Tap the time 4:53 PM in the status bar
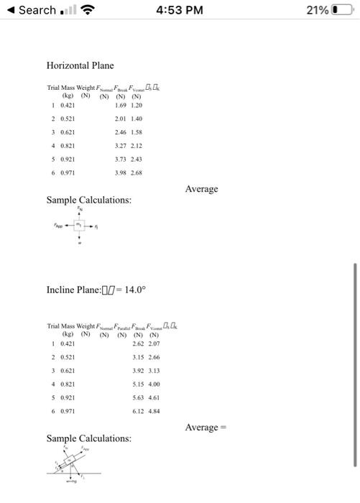coord(180,10)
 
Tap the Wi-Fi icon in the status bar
coord(89,10)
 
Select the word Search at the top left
coord(37,10)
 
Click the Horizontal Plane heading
coord(80,65)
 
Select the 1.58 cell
coord(137,132)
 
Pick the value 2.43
coord(137,160)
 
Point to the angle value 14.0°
coord(134,290)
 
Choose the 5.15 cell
coord(139,384)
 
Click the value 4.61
coord(154,397)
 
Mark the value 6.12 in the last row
coord(139,411)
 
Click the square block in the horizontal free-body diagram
coord(79,226)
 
